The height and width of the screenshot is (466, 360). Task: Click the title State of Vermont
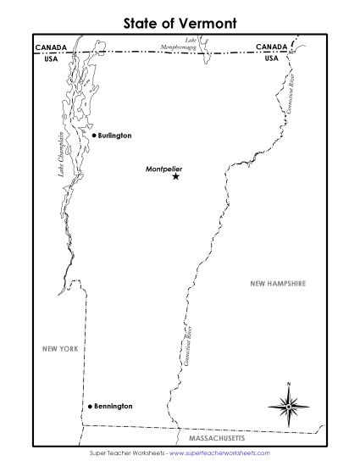[x=180, y=18]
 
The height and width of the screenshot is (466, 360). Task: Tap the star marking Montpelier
[x=175, y=176]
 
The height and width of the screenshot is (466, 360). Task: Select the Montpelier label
[x=164, y=168]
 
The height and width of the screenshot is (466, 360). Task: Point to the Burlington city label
[x=114, y=135]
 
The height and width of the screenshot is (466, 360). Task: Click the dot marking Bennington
[x=88, y=407]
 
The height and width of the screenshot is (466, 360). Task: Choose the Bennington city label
[x=113, y=407]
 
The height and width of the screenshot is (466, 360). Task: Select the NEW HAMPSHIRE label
[x=277, y=284]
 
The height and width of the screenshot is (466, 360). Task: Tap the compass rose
[x=288, y=407]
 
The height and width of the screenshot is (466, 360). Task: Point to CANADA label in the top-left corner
[x=52, y=47]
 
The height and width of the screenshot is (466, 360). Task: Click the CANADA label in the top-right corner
[x=271, y=47]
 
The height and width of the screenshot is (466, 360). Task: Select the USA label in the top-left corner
[x=52, y=59]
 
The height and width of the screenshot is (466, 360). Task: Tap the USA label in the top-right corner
[x=271, y=59]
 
